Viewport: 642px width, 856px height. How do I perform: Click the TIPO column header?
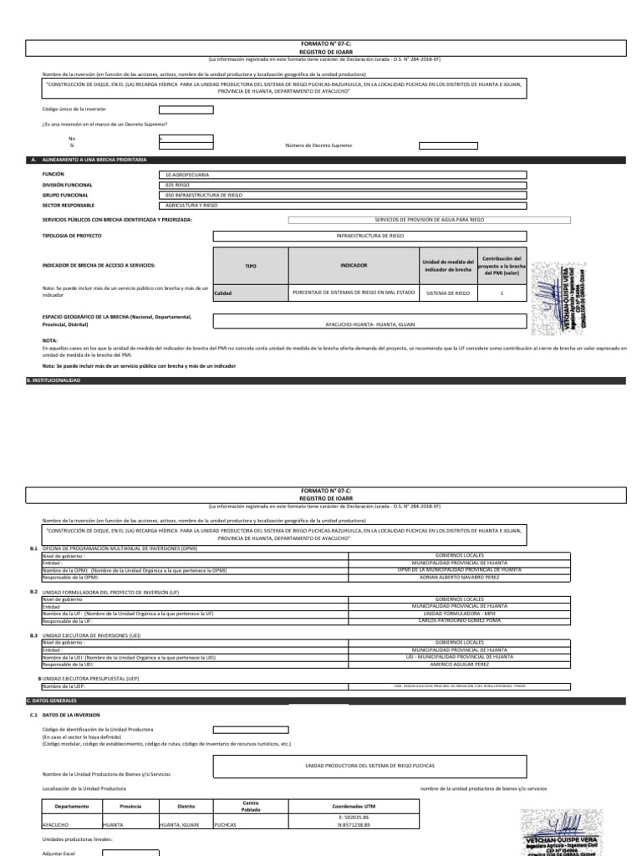click(251, 265)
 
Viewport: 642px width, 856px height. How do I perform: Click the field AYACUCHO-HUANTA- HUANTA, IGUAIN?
click(369, 323)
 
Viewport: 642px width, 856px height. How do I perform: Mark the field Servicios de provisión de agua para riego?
click(430, 220)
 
